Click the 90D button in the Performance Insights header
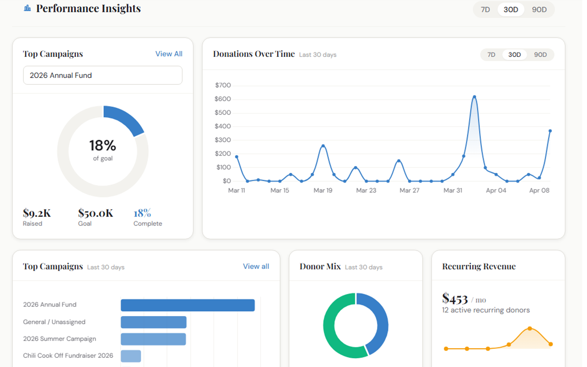[539, 10]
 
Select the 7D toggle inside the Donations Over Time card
[491, 55]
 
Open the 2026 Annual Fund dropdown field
[103, 75]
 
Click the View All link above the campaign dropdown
[169, 54]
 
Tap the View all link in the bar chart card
[256, 266]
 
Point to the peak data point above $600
[474, 97]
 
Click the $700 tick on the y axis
[223, 85]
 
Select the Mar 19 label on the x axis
[323, 190]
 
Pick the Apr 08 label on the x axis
[539, 190]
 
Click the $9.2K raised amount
[37, 213]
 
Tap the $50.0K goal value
[95, 213]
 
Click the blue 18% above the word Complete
[142, 213]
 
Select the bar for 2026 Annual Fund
[188, 305]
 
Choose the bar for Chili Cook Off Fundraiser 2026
[131, 356]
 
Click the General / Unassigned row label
[54, 322]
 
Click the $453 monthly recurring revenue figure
[455, 299]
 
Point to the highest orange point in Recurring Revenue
[530, 328]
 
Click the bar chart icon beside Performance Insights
[28, 8]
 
